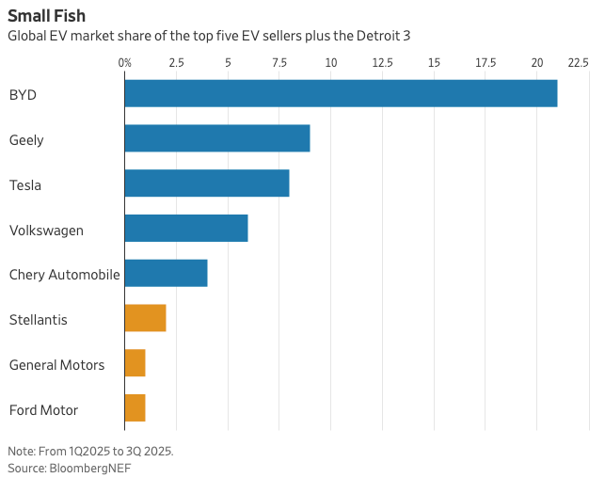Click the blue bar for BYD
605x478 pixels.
[341, 94]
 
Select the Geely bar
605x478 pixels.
[217, 139]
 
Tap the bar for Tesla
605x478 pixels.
[207, 183]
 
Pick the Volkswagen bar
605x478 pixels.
[186, 229]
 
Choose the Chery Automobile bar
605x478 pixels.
[166, 274]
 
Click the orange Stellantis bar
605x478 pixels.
[145, 318]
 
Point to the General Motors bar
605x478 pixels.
[135, 363]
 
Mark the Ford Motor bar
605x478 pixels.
[135, 408]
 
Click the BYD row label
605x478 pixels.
[24, 95]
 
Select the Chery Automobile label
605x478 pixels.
[64, 275]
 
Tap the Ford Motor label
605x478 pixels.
[43, 410]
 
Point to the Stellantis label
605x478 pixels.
[38, 320]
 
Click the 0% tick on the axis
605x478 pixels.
[125, 62]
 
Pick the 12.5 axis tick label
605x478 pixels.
[382, 62]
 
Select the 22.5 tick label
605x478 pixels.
[578, 62]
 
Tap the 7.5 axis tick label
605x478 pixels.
[279, 62]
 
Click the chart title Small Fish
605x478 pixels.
[46, 16]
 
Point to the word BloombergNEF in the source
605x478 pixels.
[90, 468]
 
